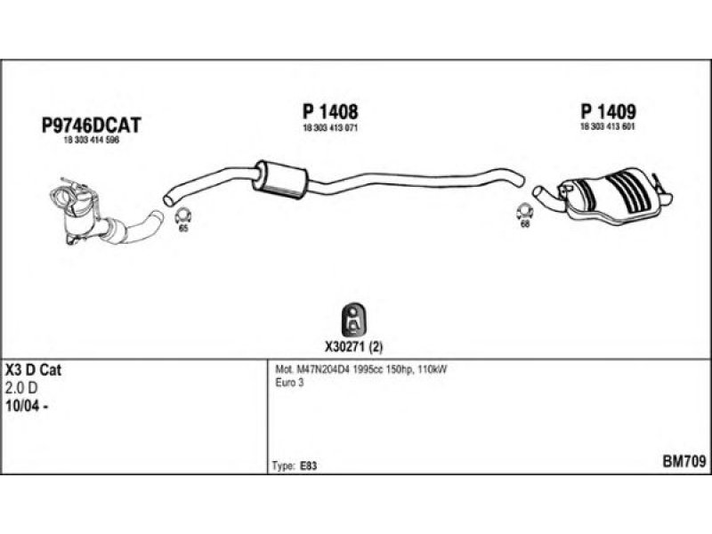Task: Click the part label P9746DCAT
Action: click(x=92, y=126)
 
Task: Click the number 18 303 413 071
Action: click(x=330, y=129)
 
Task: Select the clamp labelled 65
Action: click(x=184, y=215)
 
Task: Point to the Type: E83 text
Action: click(x=295, y=465)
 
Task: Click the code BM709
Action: click(x=684, y=463)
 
